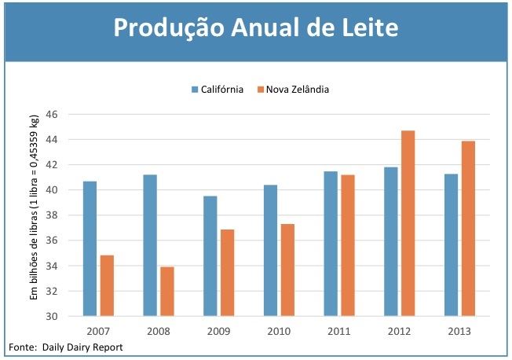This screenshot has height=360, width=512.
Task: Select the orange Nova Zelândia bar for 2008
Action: point(167,292)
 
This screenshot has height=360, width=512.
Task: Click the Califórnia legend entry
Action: point(218,90)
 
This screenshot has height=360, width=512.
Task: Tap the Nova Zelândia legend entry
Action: point(292,90)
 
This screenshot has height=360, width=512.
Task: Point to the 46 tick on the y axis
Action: point(53,115)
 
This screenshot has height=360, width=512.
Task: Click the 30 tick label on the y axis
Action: point(53,317)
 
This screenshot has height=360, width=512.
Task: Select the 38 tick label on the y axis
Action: point(53,215)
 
